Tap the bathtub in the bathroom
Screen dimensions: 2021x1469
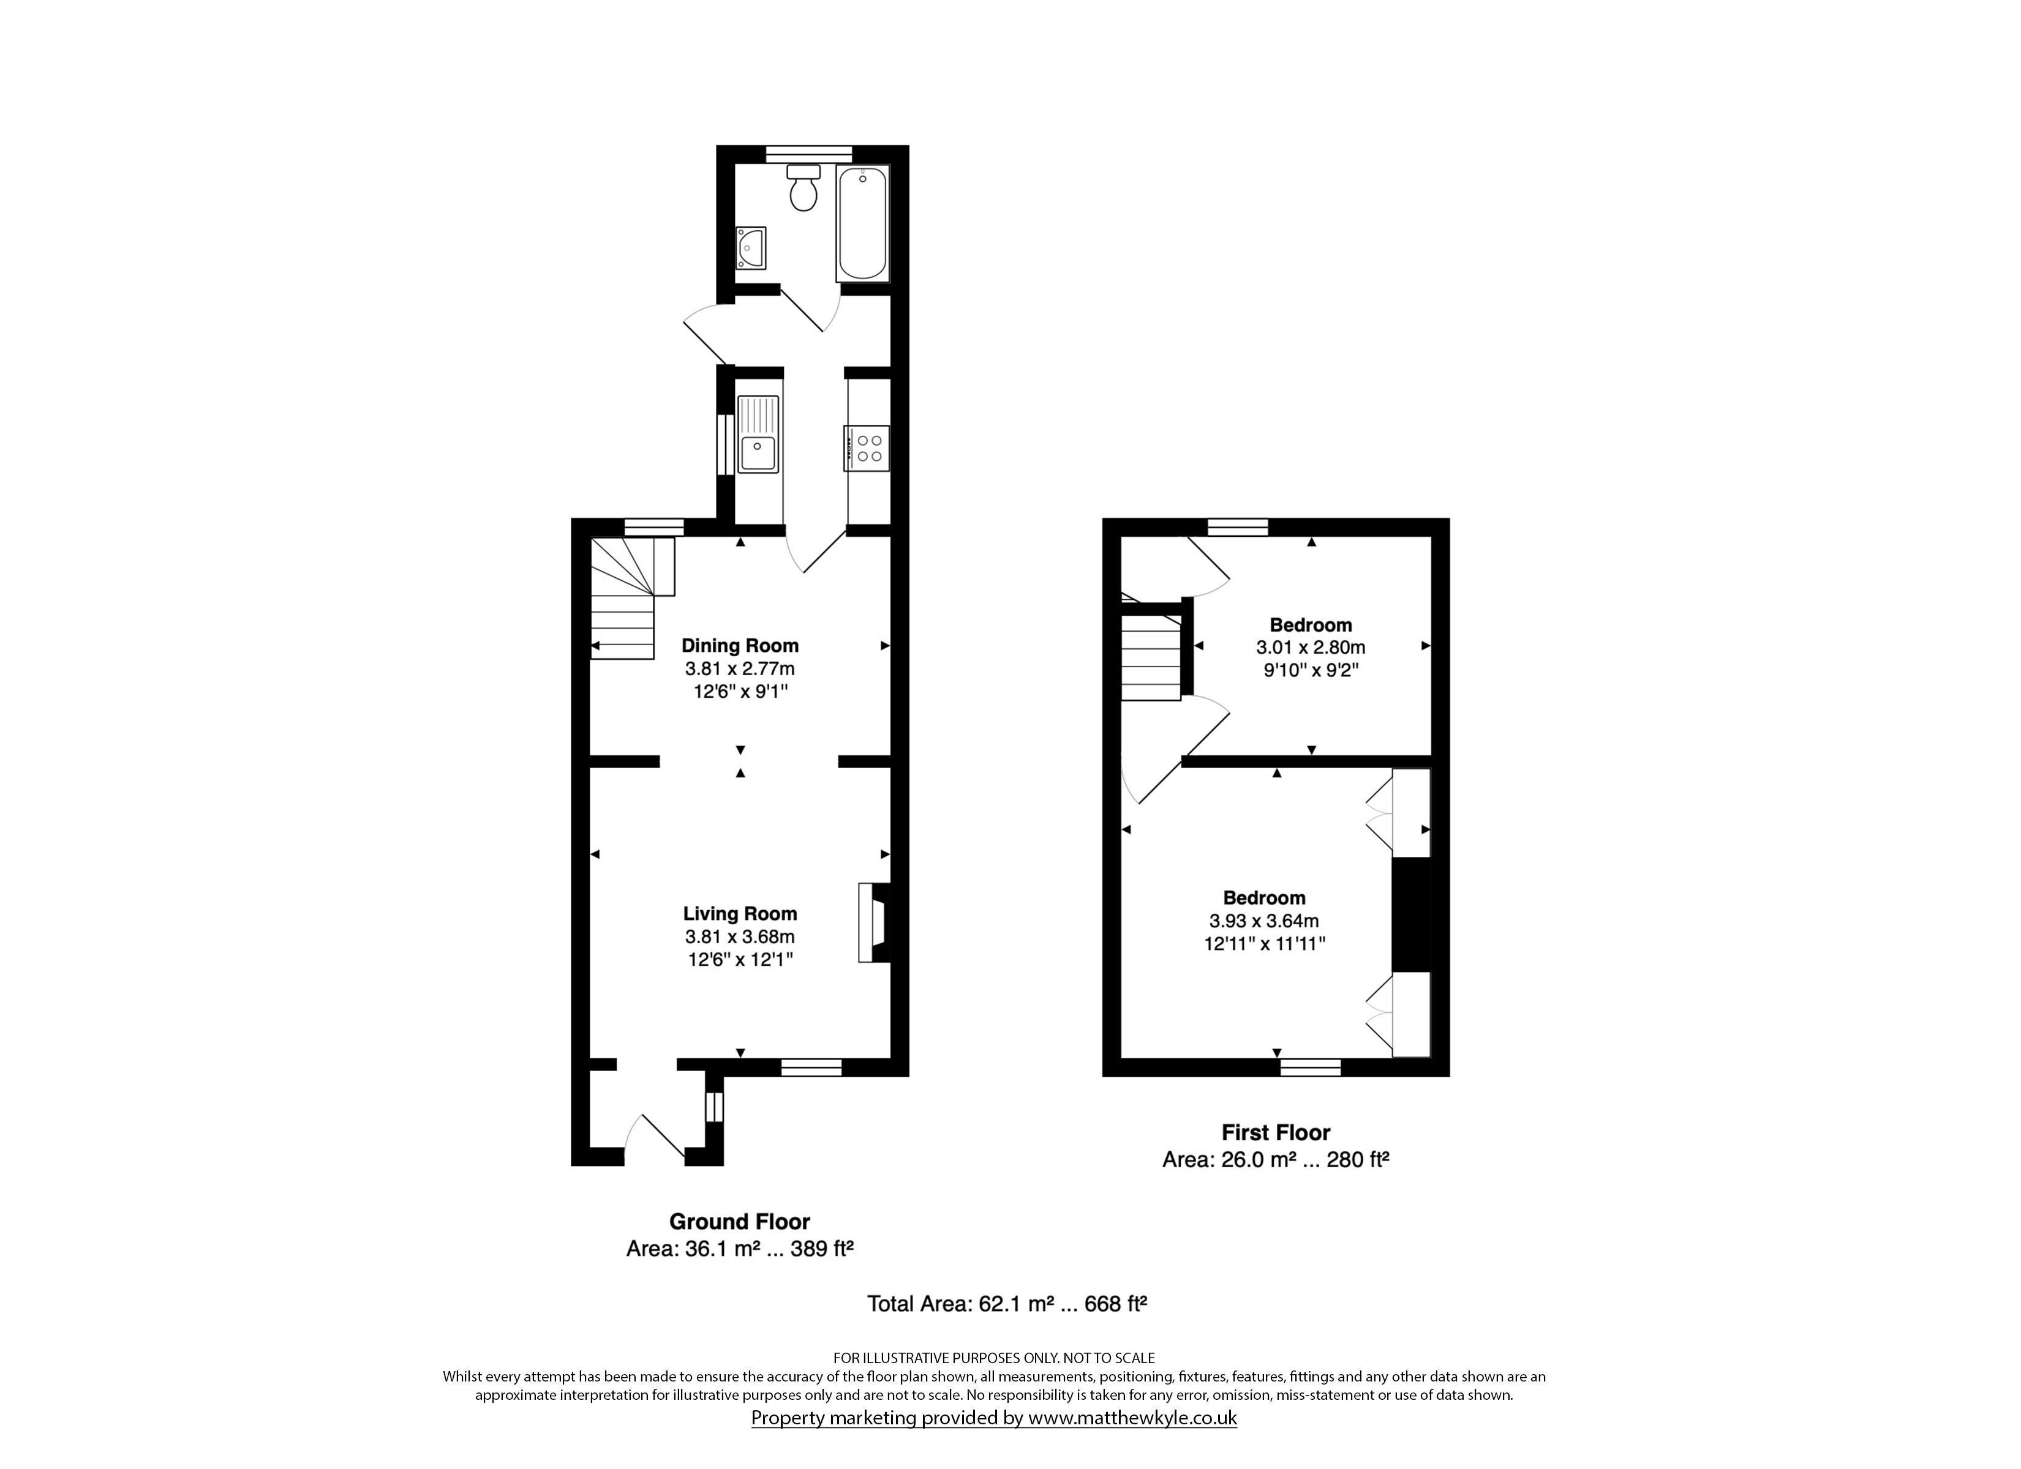click(x=862, y=223)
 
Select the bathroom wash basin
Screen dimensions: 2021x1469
click(x=750, y=248)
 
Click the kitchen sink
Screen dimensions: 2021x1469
click(x=758, y=434)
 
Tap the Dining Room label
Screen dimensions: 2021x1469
click(x=740, y=645)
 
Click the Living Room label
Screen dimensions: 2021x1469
click(x=740, y=913)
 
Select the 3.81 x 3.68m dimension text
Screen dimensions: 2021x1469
click(x=740, y=936)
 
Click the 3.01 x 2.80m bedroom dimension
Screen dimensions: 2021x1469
click(x=1311, y=648)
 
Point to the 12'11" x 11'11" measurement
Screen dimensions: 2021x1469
click(x=1265, y=943)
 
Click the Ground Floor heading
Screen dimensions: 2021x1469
click(x=740, y=1221)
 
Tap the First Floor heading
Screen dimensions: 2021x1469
click(x=1276, y=1132)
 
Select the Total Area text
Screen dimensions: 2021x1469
click(x=1007, y=1304)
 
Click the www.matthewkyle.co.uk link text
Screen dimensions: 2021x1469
click(x=1132, y=1418)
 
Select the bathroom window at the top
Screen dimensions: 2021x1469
click(x=809, y=154)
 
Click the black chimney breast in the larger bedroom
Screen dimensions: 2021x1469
click(x=1412, y=914)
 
